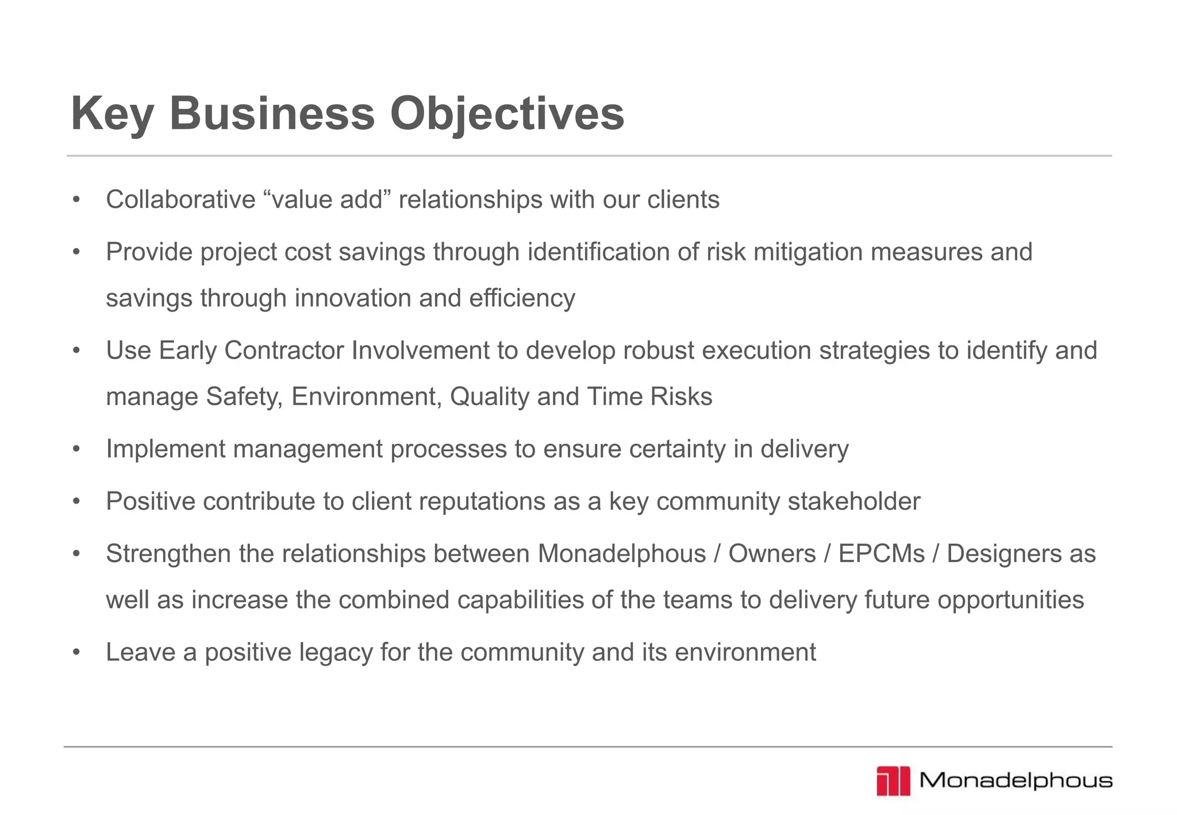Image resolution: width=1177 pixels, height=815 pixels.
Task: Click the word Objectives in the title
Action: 507,114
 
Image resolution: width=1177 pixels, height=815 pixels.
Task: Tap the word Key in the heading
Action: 112,114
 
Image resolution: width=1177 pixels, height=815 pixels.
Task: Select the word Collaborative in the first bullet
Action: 180,200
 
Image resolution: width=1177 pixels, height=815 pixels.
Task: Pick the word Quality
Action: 490,397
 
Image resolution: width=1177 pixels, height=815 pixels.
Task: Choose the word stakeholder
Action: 854,502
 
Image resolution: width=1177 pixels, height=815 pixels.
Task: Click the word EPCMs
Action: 882,554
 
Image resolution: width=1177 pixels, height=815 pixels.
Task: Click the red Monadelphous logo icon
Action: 893,781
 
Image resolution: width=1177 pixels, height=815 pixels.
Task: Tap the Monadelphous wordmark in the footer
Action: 1016,781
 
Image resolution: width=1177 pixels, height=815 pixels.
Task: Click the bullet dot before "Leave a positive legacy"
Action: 76,653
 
